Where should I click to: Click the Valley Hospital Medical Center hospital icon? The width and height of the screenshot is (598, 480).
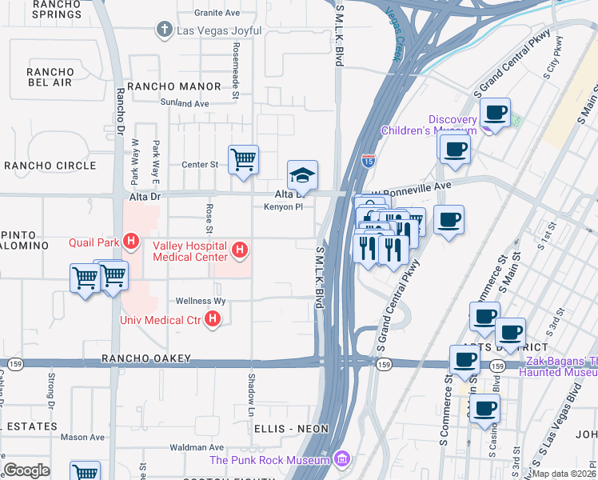pos(238,252)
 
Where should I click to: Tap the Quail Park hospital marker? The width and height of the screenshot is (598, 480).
pos(133,240)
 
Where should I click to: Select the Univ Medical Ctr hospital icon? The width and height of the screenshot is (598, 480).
pos(213,320)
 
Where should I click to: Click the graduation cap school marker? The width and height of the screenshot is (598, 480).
pos(303,174)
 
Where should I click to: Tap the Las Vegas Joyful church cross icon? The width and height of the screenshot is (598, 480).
pos(164,30)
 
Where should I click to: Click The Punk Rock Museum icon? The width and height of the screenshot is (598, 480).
pos(343,459)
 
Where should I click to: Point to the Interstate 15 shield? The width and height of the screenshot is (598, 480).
pos(368,161)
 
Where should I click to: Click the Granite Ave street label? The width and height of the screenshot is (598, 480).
pos(217,14)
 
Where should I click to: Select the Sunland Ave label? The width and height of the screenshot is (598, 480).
pos(184,103)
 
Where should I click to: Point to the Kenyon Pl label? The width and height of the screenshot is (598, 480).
pos(284,206)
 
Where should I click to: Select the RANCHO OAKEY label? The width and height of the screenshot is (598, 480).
pos(146,358)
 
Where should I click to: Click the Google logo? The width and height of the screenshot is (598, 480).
pos(26,470)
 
